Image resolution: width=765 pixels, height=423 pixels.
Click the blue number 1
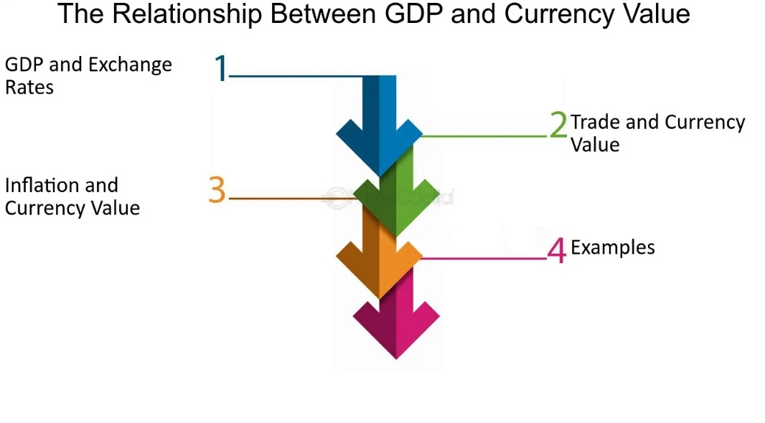pos(221,68)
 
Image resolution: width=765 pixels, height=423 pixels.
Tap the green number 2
pos(558,125)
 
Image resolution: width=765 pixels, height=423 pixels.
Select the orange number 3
pos(217,190)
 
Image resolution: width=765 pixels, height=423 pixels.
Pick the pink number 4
pos(557,250)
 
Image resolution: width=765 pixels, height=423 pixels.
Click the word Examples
pos(612,248)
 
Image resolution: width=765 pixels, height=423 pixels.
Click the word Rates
pos(29,88)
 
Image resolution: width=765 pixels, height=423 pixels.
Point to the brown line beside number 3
pos(287,198)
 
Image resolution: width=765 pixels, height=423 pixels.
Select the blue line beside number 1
pos(294,75)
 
